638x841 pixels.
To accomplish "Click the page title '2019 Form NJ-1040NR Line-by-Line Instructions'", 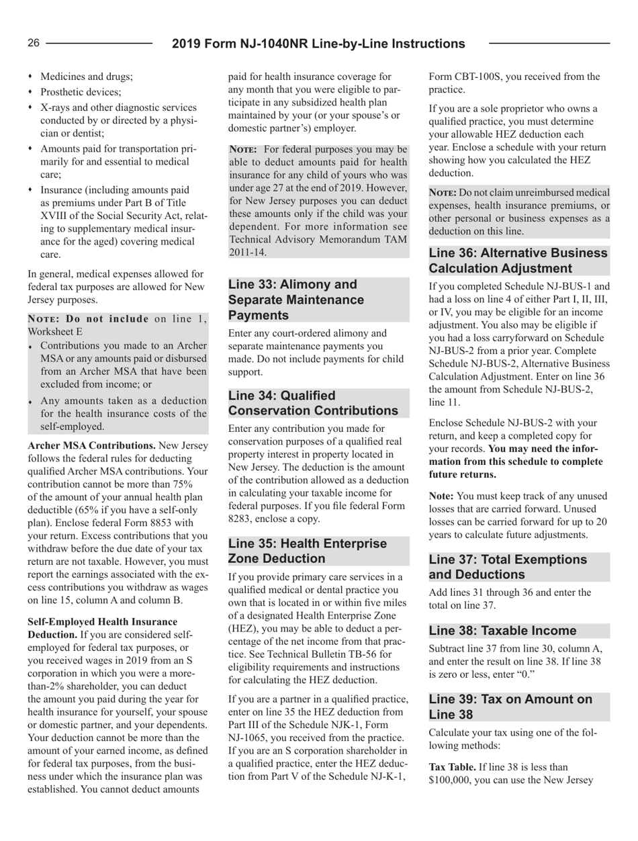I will coord(318,44).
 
